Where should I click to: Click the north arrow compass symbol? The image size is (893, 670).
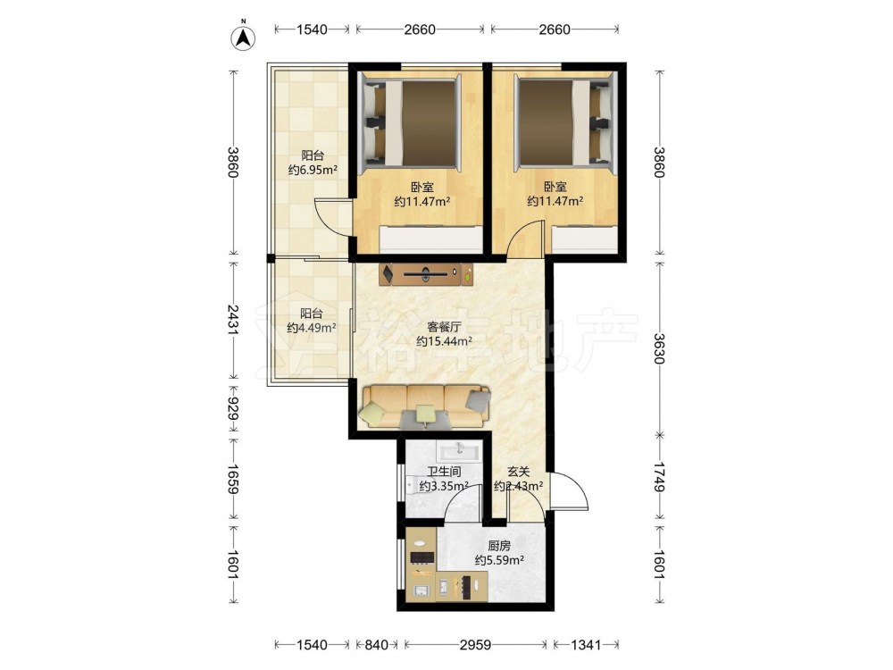(243, 37)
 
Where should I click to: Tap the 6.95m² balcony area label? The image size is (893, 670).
(313, 169)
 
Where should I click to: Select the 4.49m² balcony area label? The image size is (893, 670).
(312, 328)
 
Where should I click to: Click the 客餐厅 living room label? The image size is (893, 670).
(444, 327)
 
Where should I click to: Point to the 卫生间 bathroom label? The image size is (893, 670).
(444, 472)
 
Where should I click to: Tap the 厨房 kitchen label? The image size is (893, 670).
(499, 546)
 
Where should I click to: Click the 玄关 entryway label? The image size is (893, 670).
(518, 472)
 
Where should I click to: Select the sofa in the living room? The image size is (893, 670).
(424, 406)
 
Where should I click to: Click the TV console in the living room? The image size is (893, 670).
(427, 274)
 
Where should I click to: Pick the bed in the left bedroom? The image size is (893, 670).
(410, 122)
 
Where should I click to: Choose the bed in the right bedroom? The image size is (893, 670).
(565, 122)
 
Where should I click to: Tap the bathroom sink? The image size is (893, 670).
(459, 450)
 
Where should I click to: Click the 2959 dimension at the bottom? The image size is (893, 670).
(476, 644)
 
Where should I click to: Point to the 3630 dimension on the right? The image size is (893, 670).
(659, 348)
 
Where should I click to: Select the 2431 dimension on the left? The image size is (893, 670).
(233, 320)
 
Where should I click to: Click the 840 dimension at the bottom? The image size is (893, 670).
(377, 644)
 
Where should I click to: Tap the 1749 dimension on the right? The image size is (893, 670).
(659, 476)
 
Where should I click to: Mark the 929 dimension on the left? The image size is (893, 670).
(233, 408)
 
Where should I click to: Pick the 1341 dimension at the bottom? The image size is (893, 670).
(586, 644)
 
